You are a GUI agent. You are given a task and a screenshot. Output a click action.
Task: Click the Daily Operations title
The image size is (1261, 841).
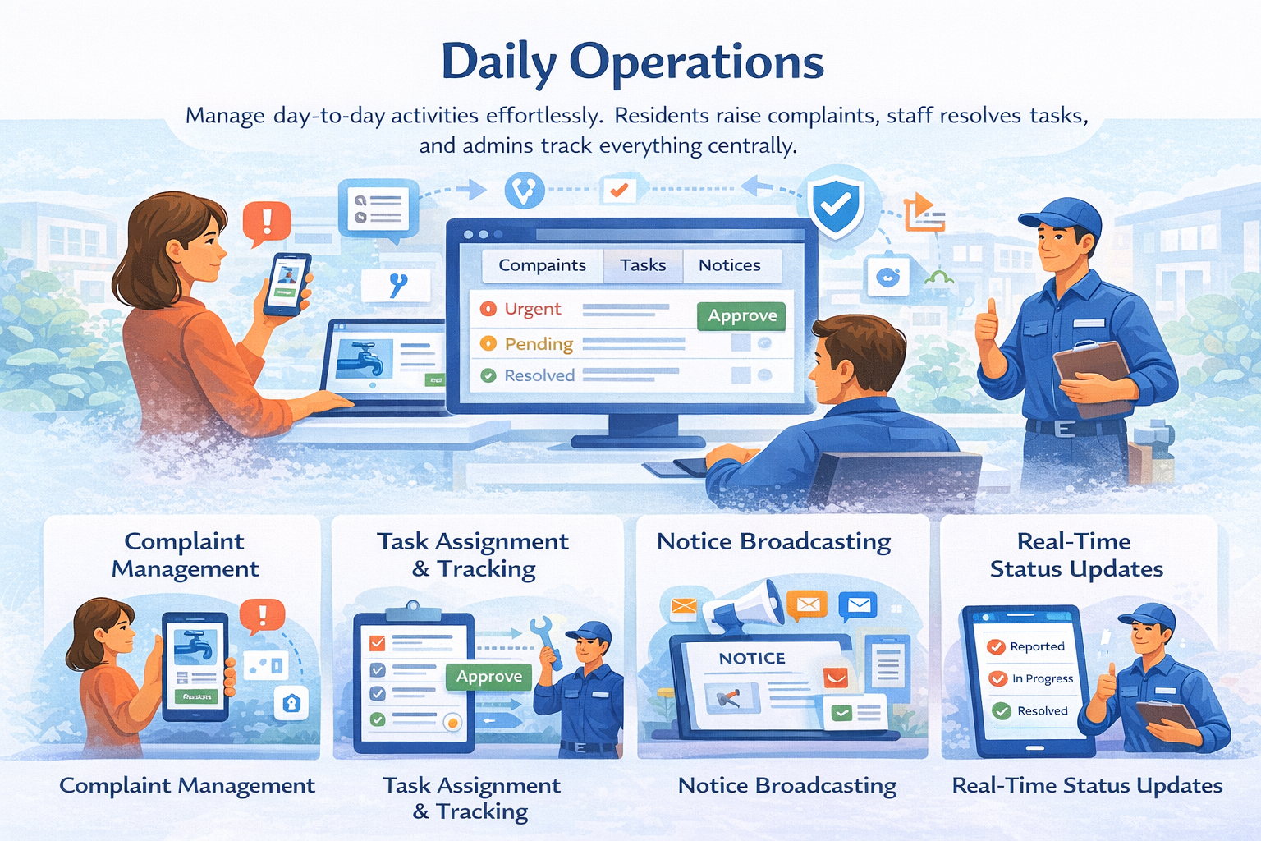tap(632, 62)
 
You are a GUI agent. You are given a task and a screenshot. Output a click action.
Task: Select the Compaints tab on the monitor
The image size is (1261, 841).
tap(542, 265)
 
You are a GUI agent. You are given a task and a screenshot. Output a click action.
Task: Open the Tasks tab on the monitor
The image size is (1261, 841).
tap(643, 265)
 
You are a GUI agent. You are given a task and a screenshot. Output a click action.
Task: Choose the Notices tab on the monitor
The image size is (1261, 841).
tap(729, 265)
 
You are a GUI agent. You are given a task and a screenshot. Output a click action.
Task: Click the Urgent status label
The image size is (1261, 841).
tap(532, 309)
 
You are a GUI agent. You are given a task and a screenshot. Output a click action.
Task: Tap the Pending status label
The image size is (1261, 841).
tap(538, 343)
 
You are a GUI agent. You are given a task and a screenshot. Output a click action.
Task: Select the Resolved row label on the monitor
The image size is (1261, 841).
tap(539, 375)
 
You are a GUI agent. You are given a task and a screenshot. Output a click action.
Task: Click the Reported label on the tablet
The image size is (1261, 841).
tap(1037, 646)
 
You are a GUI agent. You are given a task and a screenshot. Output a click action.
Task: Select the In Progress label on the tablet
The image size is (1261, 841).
tap(1042, 678)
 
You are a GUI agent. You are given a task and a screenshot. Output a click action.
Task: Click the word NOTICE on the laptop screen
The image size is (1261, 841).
tap(752, 659)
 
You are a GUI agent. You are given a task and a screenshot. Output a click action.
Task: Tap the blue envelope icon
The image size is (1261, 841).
tap(858, 606)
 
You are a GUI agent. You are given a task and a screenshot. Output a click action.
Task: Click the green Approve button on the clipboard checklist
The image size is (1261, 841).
tap(489, 677)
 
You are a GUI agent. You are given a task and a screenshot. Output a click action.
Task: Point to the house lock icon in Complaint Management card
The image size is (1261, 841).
tap(291, 703)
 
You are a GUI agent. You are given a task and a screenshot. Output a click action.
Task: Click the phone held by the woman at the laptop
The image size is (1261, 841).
tap(287, 284)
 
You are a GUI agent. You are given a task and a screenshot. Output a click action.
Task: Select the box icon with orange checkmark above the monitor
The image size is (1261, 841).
tap(618, 190)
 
